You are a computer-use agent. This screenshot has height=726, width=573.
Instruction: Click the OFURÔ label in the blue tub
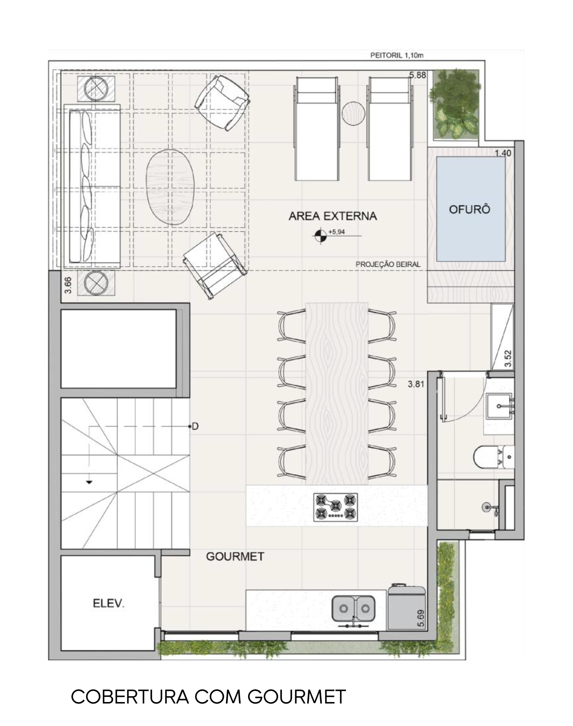click(x=470, y=209)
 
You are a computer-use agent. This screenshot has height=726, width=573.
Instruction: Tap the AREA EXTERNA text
click(x=333, y=216)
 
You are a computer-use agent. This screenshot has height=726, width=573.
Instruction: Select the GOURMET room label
click(x=235, y=556)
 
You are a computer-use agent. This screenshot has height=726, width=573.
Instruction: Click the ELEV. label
click(x=108, y=603)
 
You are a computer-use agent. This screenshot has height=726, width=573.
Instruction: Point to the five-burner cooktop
click(x=335, y=507)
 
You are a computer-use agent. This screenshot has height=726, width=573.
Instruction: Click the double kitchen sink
click(x=353, y=608)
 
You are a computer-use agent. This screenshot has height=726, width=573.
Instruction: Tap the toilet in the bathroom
click(x=494, y=457)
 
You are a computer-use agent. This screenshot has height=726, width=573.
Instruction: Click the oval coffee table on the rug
click(x=170, y=187)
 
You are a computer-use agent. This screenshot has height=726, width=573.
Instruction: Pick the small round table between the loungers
click(x=354, y=114)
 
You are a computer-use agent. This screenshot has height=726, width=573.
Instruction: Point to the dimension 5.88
click(x=418, y=75)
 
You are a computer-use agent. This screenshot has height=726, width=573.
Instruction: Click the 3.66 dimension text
click(x=68, y=285)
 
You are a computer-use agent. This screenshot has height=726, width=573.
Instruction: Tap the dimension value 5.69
click(x=421, y=618)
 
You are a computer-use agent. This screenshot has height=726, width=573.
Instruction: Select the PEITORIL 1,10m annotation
click(x=397, y=56)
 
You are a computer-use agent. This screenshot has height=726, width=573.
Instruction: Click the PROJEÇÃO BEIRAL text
click(x=388, y=264)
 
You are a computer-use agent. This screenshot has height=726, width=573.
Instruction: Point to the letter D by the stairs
click(x=195, y=426)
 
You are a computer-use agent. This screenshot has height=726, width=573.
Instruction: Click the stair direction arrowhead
click(x=89, y=482)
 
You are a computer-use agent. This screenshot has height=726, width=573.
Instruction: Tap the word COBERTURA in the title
click(x=130, y=697)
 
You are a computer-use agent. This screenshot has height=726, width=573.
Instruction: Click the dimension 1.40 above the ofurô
click(x=503, y=153)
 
